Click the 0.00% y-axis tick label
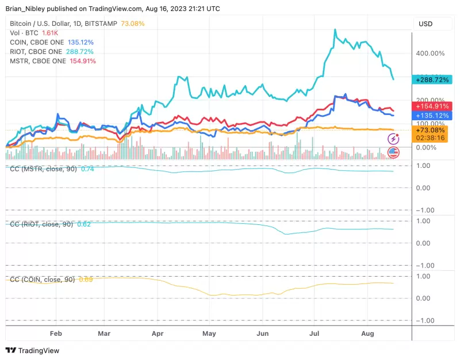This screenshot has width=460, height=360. (427, 148)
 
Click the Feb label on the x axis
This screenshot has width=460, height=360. (56, 333)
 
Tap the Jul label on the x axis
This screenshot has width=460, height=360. (315, 333)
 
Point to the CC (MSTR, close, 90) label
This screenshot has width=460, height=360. (44, 168)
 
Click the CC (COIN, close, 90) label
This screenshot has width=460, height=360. (43, 279)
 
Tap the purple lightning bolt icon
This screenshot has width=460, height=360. (393, 139)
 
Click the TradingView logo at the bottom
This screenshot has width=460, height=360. (33, 350)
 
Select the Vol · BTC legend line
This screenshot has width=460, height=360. (24, 33)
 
